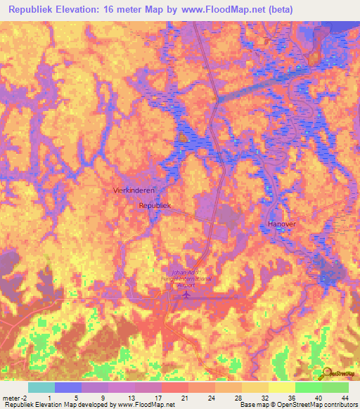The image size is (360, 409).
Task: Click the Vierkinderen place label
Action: pos(134,190)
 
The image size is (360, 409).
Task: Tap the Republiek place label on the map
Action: pos(155,205)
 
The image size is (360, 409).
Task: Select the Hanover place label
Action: pos(282,223)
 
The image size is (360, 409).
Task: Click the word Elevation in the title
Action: pos(86,10)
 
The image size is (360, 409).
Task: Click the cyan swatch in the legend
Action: pos(41,387)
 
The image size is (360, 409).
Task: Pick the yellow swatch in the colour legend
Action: pos(281,387)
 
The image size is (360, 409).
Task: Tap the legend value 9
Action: pos(103,398)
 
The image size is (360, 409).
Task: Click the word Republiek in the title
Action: pos(34,10)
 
